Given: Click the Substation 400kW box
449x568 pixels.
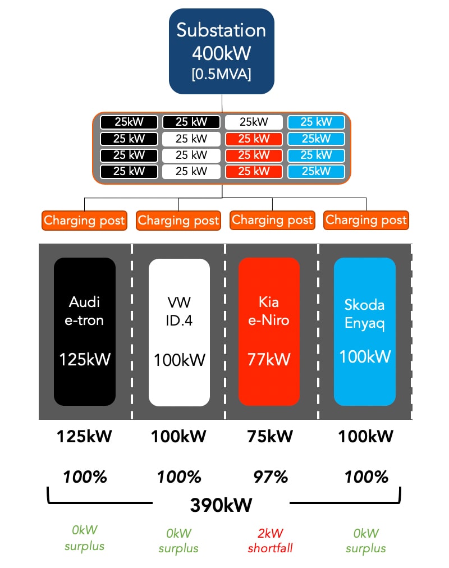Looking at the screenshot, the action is click(222, 52).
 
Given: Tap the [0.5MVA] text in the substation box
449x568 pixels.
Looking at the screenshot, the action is click(221, 74).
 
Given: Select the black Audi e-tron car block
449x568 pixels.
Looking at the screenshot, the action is click(85, 332).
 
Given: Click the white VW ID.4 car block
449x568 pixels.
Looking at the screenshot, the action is click(179, 332).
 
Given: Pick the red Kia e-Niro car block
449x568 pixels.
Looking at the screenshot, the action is click(269, 332).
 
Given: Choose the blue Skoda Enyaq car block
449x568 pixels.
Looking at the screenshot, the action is click(365, 332).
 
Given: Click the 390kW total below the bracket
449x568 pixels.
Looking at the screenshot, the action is click(221, 505).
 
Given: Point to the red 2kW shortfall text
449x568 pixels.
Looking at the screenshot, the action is click(270, 540).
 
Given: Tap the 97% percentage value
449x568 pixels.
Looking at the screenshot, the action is click(271, 477).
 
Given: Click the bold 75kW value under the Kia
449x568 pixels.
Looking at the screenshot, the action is click(270, 436).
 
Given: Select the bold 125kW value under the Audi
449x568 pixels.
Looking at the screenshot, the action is click(84, 436).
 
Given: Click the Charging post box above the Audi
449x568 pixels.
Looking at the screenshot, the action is click(84, 220).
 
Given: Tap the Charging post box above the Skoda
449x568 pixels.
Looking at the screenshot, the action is click(366, 220).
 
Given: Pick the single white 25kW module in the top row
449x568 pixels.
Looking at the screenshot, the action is click(254, 122).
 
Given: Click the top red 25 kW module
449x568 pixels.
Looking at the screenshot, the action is click(254, 139).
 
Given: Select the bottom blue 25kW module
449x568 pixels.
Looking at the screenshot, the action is click(316, 171).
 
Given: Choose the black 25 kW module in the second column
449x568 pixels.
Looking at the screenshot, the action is click(191, 122).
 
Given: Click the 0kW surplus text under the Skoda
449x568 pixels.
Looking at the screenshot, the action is click(366, 540).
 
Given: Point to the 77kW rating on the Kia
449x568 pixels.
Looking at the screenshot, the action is click(269, 359).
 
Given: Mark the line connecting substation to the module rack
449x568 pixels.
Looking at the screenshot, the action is click(222, 103).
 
